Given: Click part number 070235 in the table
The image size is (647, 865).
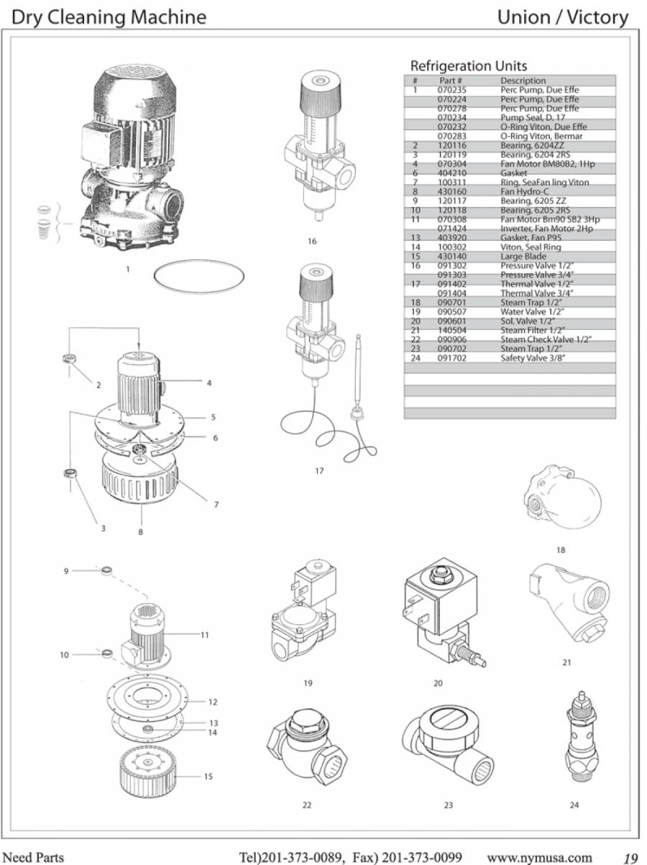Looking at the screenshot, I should click(450, 90).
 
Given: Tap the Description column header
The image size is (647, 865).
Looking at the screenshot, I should click(523, 81).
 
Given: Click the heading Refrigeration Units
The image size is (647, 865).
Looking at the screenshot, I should click(468, 66).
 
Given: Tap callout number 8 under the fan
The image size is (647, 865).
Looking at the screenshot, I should click(141, 532).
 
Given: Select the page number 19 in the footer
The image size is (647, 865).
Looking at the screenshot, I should click(630, 857).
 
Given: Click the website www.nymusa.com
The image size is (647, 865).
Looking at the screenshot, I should click(540, 857).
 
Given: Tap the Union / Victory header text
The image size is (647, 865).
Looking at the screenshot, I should click(563, 16).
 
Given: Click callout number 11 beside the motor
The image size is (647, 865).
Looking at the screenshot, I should click(204, 635).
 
